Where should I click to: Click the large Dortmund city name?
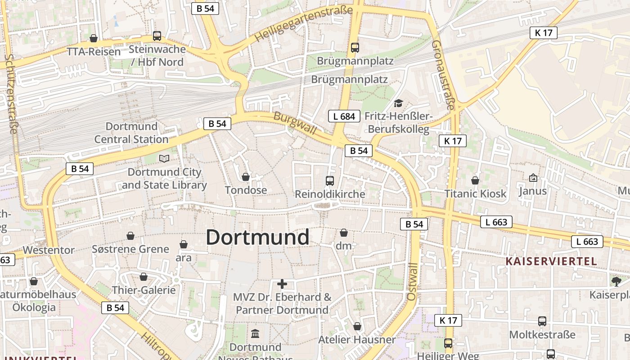pos(257,237)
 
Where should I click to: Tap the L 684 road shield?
pos(344,116)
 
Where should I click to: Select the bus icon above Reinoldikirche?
pos(330,181)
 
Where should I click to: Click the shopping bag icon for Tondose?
pos(246,177)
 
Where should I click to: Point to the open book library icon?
pos(164,158)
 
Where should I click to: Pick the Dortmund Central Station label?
pos(131,133)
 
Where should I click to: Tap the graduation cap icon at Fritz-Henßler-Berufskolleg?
pos(398,103)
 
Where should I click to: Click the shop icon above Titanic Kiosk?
pos(475,180)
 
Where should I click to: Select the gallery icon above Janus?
pos(533,178)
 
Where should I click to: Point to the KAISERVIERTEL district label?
pos(551,261)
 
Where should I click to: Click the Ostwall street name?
pos(412,282)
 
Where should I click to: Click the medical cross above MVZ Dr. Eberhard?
pos(282,284)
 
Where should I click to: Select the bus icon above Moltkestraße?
pos(542,321)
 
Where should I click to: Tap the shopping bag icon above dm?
pos(344,233)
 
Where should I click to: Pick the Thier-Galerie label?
pos(144,290)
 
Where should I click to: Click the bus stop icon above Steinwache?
pos(157,36)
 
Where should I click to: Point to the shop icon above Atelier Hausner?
pos(357,326)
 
